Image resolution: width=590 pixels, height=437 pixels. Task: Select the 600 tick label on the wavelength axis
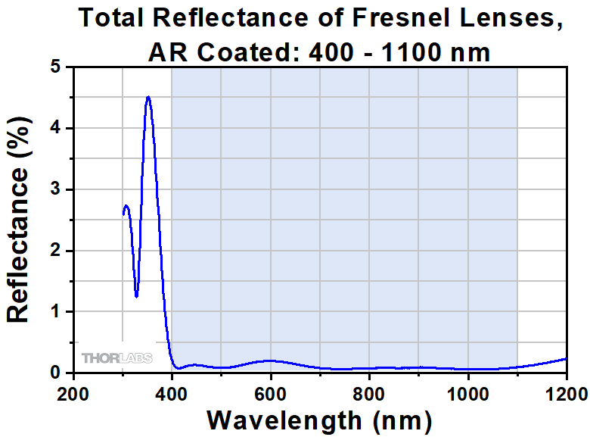[x=271, y=394]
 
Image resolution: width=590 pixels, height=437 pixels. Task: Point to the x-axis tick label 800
[x=369, y=394]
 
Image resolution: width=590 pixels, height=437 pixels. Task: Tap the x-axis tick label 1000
[x=467, y=394]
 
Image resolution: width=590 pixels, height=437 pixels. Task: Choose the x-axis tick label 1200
[x=564, y=394]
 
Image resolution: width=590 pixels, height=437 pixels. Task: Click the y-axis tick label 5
[x=55, y=67]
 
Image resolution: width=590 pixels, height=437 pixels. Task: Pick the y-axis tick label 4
[x=55, y=129]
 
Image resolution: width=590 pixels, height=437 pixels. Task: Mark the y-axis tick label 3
[x=55, y=189]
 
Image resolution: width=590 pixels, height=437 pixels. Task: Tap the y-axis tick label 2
[x=55, y=251]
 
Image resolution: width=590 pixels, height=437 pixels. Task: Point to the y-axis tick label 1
[x=55, y=311]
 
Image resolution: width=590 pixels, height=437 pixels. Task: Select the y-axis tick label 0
[x=55, y=373]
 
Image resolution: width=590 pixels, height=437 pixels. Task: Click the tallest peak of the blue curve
[x=148, y=97]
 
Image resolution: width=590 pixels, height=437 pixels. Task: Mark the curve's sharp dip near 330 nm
[x=136, y=296]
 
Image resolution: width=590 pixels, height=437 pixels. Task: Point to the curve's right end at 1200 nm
[x=566, y=358]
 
